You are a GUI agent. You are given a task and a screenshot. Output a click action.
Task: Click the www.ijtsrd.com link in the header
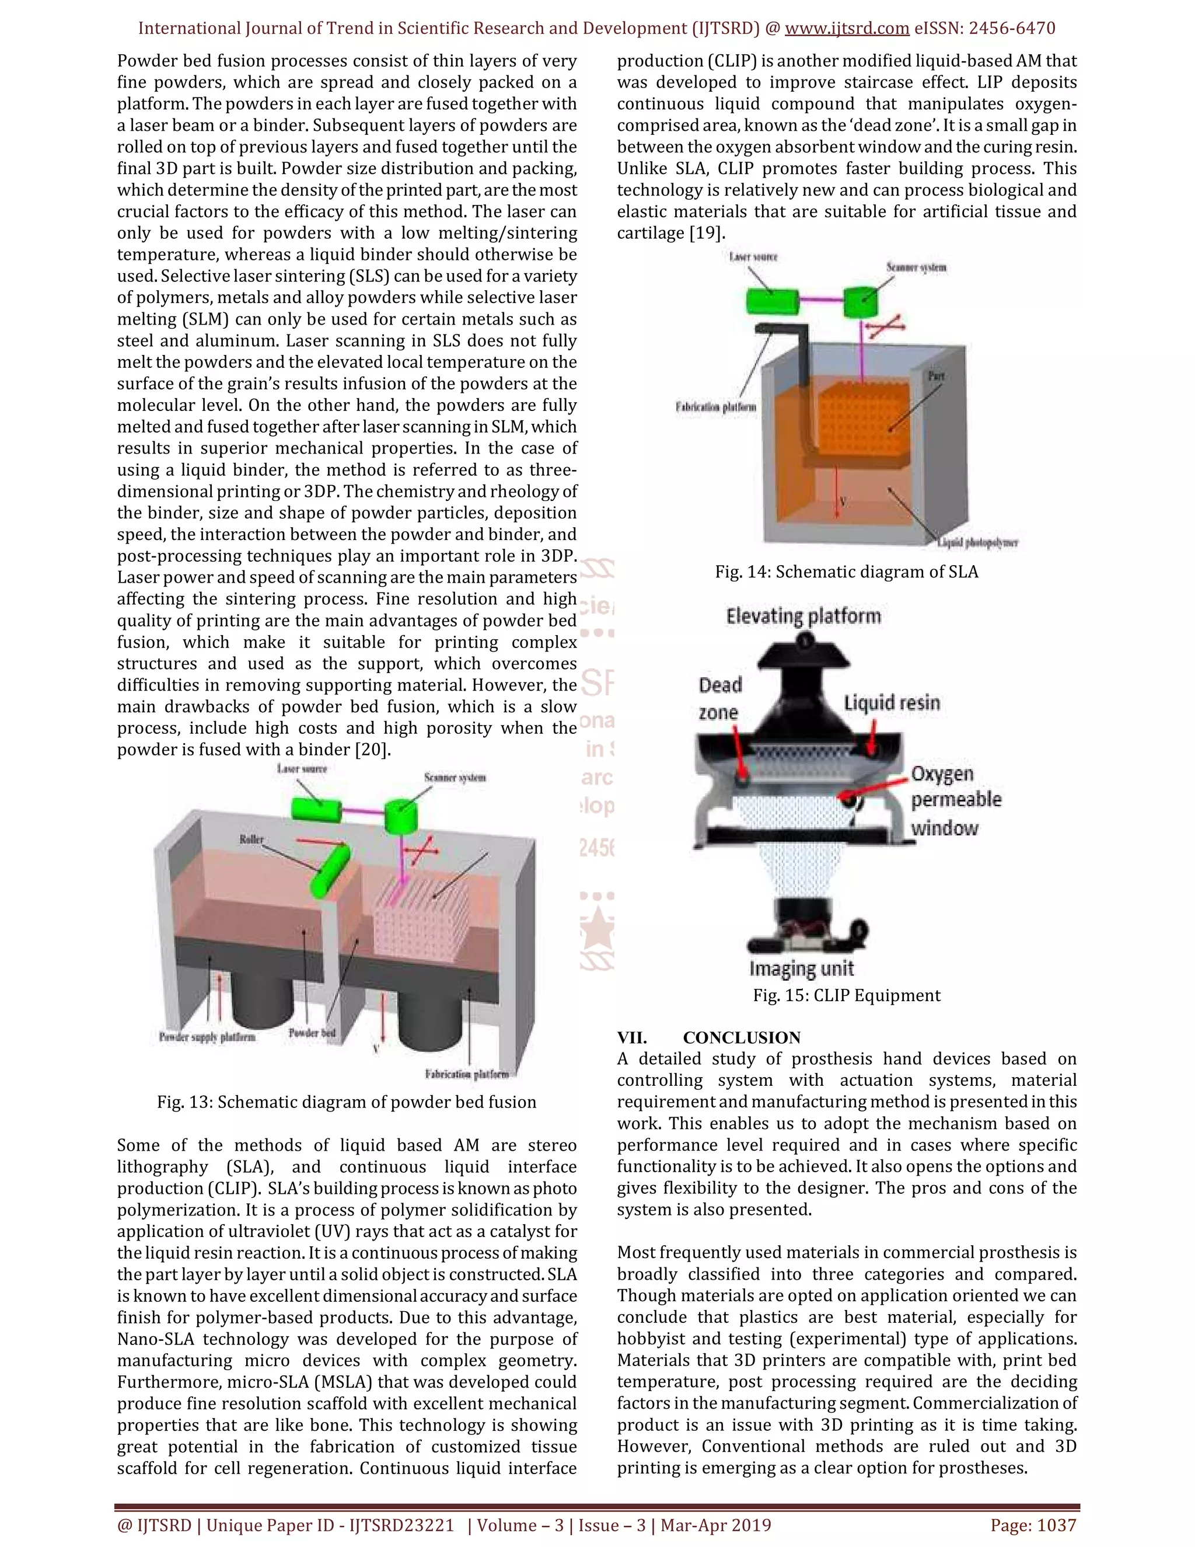(x=847, y=29)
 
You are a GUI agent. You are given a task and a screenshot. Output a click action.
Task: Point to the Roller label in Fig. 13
(x=251, y=839)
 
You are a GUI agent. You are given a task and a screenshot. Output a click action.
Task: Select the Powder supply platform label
(x=207, y=1037)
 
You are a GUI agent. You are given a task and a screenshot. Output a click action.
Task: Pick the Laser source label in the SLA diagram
(x=753, y=257)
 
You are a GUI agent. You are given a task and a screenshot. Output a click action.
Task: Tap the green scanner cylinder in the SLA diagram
(x=860, y=302)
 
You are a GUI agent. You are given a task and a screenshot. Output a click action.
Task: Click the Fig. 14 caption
(x=846, y=572)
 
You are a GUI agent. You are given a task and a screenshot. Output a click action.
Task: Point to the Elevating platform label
(x=803, y=616)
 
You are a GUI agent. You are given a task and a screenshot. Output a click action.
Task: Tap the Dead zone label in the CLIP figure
(x=720, y=698)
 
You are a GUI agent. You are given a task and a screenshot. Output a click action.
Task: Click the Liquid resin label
(x=892, y=703)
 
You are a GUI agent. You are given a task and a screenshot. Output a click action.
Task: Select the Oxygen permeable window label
(x=955, y=800)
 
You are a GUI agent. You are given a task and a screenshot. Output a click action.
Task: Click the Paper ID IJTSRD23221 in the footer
(x=401, y=1525)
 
